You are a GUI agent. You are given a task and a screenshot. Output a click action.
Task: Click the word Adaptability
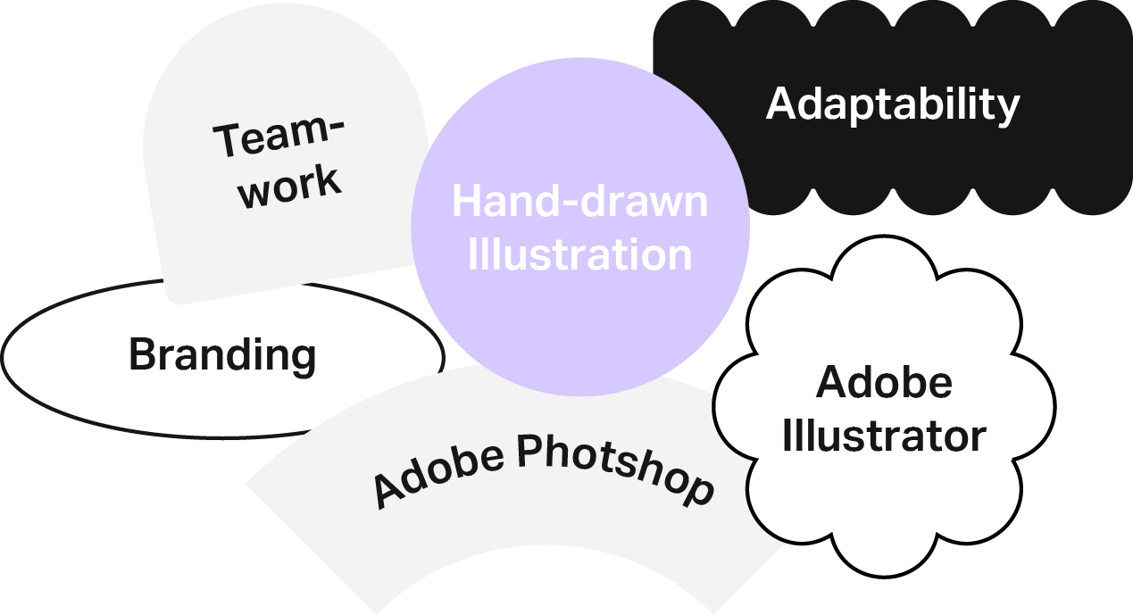pyautogui.click(x=892, y=104)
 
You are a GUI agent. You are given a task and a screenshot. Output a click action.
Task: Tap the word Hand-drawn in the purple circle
pyautogui.click(x=579, y=202)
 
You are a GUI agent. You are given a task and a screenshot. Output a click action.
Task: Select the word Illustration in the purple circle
pyautogui.click(x=579, y=254)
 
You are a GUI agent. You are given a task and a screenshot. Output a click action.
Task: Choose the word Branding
pyautogui.click(x=222, y=355)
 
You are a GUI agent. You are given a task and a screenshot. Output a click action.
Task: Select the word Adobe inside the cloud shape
pyautogui.click(x=884, y=383)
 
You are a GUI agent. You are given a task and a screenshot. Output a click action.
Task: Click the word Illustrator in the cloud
pyautogui.click(x=884, y=436)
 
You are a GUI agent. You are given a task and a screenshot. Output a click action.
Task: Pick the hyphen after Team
pyautogui.click(x=331, y=125)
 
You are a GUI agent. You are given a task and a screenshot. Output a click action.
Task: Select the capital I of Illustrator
pyautogui.click(x=787, y=436)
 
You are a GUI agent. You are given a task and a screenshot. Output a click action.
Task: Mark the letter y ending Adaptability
pyautogui.click(x=1009, y=109)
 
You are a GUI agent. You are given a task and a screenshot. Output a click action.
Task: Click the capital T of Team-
pyautogui.click(x=228, y=143)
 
